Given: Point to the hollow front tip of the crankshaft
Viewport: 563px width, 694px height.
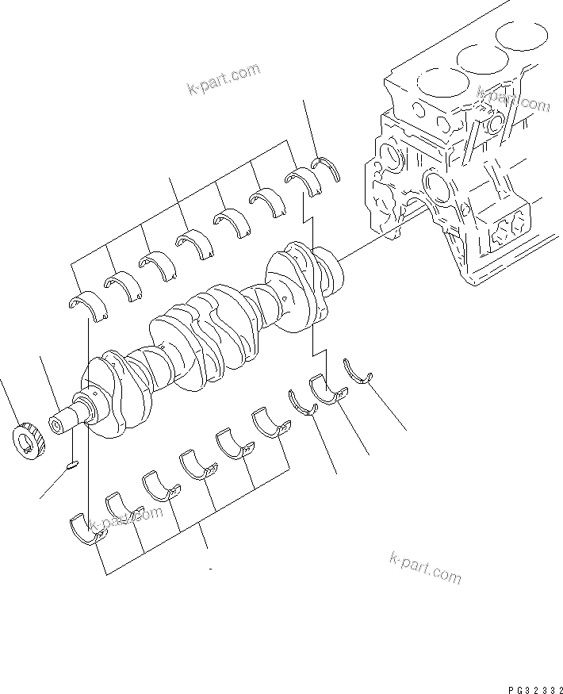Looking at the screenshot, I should point(59,423).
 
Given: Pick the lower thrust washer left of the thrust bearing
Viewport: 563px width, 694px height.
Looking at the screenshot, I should point(301,402).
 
